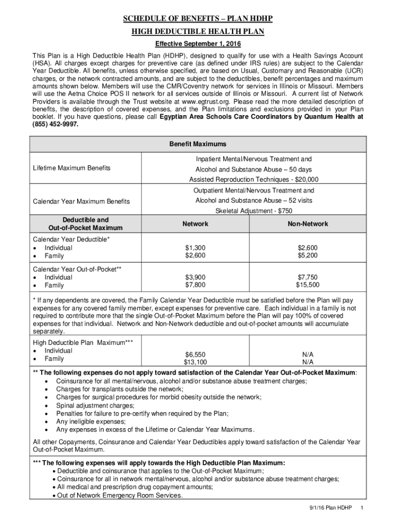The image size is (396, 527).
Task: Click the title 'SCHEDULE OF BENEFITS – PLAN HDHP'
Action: [197, 20]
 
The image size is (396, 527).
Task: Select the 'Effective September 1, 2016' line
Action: [197, 43]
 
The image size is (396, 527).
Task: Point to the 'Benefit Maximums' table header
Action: [197, 144]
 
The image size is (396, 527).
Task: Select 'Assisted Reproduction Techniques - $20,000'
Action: [254, 180]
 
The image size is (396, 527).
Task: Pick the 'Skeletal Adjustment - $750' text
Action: [254, 211]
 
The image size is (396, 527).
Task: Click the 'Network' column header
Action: [195, 224]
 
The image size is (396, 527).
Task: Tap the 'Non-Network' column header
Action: [308, 224]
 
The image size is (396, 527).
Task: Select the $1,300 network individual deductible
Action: [195, 248]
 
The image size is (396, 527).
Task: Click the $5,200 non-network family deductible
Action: [308, 255]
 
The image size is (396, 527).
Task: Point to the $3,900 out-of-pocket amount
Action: [195, 277]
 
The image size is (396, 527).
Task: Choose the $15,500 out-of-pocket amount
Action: [308, 285]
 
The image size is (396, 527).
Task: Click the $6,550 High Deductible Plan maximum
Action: [195, 355]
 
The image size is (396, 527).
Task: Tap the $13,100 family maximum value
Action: [195, 362]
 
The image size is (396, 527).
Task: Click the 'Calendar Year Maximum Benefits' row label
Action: [81, 201]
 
